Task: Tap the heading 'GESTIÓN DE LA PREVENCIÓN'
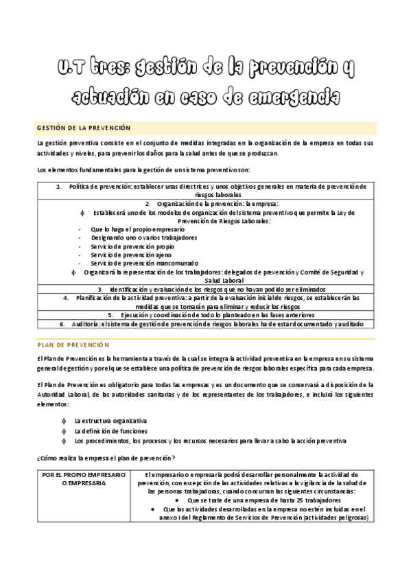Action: (83, 128)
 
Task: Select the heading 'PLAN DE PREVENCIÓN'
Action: (73, 345)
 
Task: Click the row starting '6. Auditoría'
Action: (205, 324)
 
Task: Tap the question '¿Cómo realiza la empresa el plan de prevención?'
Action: (106, 458)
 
